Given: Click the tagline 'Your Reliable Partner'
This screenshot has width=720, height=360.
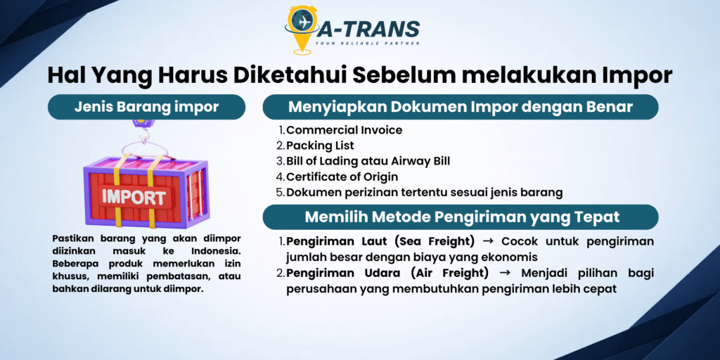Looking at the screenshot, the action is [367, 44].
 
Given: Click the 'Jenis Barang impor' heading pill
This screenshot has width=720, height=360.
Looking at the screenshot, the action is [146, 107].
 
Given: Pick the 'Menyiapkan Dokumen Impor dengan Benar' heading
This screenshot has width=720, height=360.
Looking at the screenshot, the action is [461, 107].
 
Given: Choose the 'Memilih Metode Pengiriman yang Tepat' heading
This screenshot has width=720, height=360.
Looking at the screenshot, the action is [461, 217].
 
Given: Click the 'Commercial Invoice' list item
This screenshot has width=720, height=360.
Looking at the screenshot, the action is [345, 130].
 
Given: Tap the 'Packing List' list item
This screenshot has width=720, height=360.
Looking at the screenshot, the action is [321, 146].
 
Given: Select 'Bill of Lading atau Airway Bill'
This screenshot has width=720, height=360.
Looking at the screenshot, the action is [368, 162].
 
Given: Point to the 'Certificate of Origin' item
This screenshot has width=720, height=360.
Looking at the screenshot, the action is [342, 176].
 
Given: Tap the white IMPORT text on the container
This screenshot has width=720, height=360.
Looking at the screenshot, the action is [134, 198].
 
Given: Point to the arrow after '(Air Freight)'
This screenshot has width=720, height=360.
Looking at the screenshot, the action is [505, 273].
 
